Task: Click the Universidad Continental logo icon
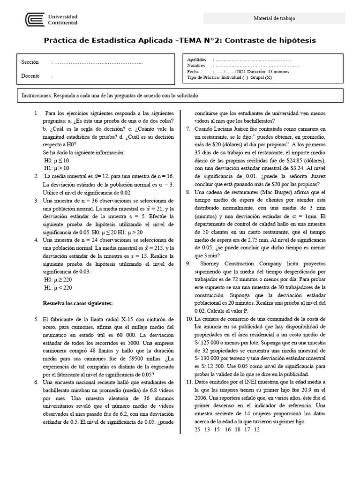tap(35, 20)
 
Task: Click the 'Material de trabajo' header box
tap(274, 18)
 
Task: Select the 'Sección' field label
tap(30, 62)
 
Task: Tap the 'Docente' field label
tap(30, 75)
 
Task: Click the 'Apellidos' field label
tap(196, 60)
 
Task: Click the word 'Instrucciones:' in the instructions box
tap(37, 95)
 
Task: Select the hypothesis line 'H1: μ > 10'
tap(56, 168)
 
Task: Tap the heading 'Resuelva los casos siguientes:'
tap(78, 303)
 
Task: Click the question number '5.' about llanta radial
tap(37, 319)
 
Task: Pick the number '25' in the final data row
tap(197, 429)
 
